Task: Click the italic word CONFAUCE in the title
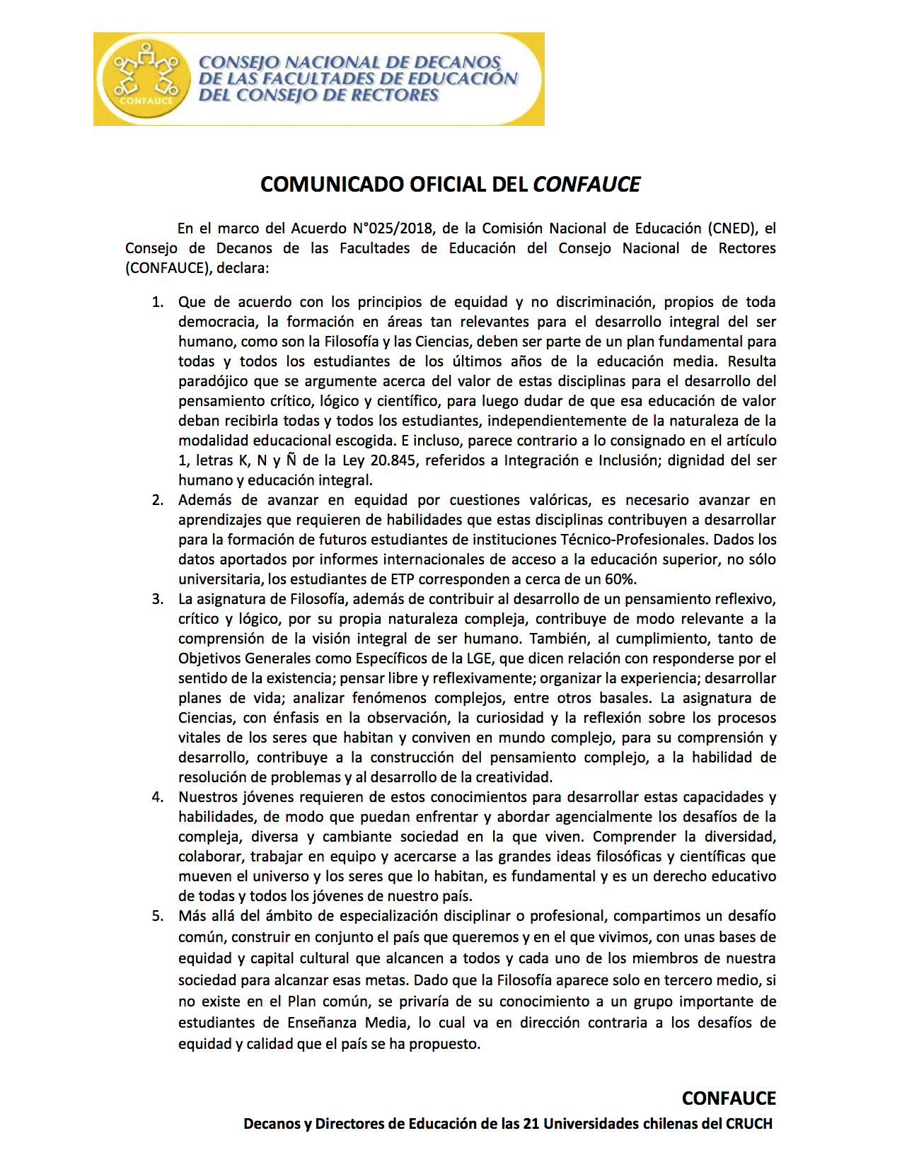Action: point(586,185)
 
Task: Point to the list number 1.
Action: point(157,302)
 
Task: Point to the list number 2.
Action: point(157,500)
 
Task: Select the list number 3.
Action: point(157,599)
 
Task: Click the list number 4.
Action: point(157,797)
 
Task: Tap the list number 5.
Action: point(157,916)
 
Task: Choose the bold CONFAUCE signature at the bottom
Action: point(729,1098)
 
